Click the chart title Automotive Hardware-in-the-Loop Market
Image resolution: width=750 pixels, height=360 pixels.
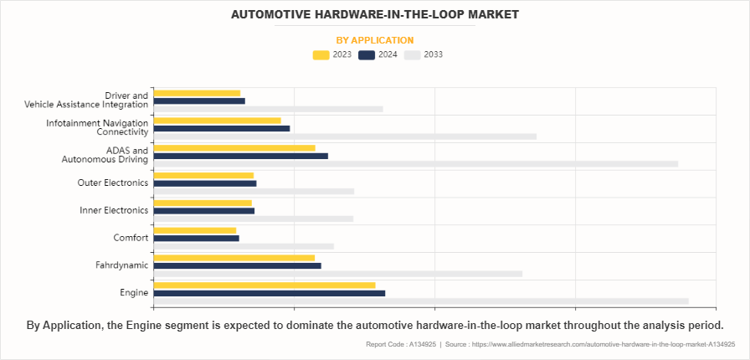(x=374, y=14)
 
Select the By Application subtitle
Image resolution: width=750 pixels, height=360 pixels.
(x=374, y=39)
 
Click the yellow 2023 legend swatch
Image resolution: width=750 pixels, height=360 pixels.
(x=321, y=55)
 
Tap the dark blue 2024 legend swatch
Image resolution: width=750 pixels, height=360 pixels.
(x=366, y=55)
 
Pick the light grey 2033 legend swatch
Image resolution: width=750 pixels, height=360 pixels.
(x=412, y=55)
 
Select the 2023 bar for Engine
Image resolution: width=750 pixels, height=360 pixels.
(x=264, y=285)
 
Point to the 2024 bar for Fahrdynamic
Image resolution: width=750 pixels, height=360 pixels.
(x=237, y=265)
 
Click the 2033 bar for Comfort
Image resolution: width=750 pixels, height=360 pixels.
(x=244, y=246)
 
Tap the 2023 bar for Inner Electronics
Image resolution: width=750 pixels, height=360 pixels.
(x=203, y=203)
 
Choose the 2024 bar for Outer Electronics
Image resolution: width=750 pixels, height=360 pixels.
(x=205, y=183)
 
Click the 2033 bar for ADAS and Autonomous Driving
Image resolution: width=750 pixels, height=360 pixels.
(x=415, y=164)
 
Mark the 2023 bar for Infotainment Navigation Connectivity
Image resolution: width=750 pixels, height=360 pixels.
(x=217, y=121)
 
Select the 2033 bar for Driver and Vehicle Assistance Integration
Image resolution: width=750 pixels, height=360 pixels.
(x=268, y=109)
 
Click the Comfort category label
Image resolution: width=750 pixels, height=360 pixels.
(x=131, y=238)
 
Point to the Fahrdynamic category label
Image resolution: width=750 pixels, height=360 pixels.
(x=122, y=265)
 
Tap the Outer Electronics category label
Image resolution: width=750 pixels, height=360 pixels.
(x=113, y=183)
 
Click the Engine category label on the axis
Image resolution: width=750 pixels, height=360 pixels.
(x=134, y=293)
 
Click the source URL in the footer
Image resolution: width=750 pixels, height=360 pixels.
(x=602, y=344)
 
